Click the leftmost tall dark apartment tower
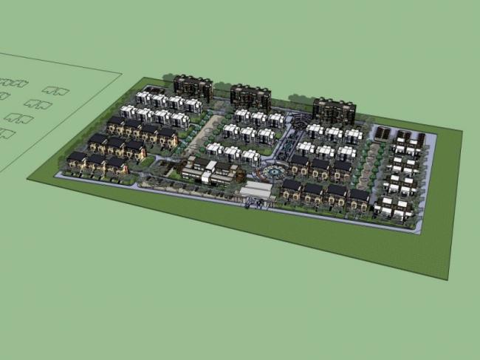193,86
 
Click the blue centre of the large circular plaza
272,172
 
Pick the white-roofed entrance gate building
256,192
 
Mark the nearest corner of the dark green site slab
448,279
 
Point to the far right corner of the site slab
462,132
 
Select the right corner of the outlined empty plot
121,72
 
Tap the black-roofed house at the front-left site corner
77,159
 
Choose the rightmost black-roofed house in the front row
359,197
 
